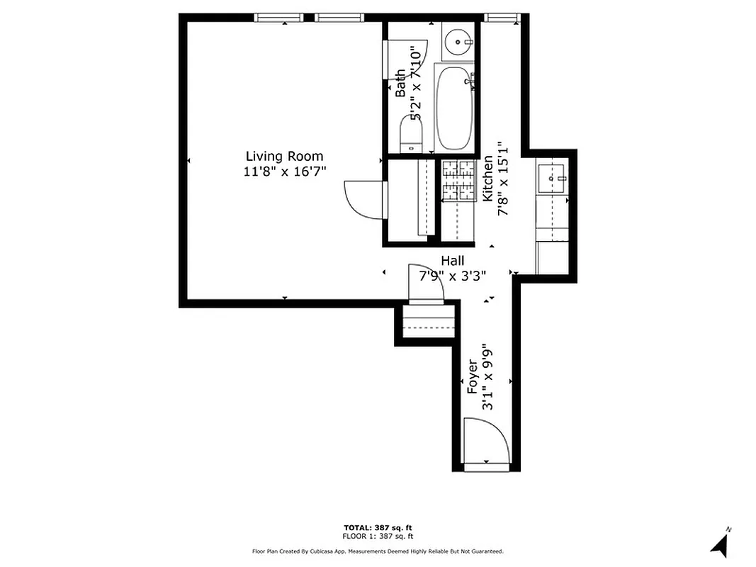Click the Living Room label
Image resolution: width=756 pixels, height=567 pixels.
pos(284,156)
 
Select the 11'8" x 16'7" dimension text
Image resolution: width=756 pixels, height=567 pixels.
pos(284,171)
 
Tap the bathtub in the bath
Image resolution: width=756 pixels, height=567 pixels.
pos(454,108)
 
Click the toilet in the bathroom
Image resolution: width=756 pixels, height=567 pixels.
pos(411,135)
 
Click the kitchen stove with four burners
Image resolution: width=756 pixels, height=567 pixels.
pos(458,179)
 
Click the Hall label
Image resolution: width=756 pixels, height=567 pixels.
pos(453,261)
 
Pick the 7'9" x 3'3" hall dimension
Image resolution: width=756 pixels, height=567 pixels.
pos(453,276)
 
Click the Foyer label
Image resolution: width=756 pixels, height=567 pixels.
pos(472,377)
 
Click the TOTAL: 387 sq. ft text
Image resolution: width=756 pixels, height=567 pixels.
pos(378,528)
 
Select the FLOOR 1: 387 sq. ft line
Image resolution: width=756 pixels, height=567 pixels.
pos(378,537)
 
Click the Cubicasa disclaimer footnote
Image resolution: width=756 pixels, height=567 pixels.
pos(378,551)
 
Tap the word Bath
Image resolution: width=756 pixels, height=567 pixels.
pos(401,83)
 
